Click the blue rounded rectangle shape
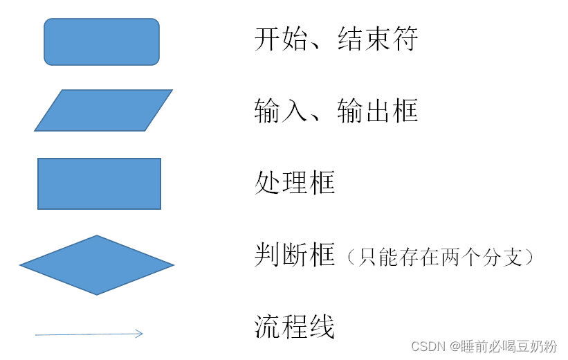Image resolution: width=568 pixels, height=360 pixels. click(x=102, y=42)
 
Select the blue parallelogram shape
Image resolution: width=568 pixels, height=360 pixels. click(x=103, y=110)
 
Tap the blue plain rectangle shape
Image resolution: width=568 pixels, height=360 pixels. click(x=99, y=183)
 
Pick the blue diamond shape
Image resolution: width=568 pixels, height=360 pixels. click(x=97, y=265)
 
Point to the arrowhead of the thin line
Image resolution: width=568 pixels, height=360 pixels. click(x=139, y=334)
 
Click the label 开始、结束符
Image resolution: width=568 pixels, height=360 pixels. click(x=336, y=39)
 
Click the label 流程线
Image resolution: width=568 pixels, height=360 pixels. click(x=295, y=326)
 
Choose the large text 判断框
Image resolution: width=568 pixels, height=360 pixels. click(x=295, y=255)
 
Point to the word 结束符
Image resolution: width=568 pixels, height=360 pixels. click(x=378, y=39)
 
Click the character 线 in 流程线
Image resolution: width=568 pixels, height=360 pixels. click(x=322, y=326)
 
